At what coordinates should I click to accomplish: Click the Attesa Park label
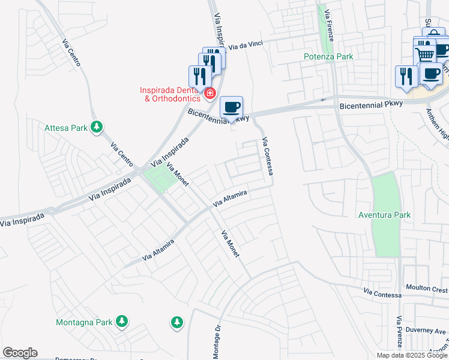click(x=66, y=128)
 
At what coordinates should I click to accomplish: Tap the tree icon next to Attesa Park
click(x=97, y=127)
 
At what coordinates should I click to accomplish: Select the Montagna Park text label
click(x=84, y=322)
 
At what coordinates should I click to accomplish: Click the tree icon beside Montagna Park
click(x=122, y=322)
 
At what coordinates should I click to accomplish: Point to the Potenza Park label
click(x=328, y=56)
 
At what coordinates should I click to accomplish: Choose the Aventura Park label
click(x=384, y=215)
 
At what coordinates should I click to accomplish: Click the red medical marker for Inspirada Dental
click(x=210, y=93)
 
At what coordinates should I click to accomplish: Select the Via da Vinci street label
click(x=247, y=46)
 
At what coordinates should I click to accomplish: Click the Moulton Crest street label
click(x=426, y=289)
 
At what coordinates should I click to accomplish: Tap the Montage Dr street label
click(x=218, y=343)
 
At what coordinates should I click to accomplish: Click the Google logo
click(x=20, y=353)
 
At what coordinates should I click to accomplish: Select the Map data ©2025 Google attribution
click(x=412, y=355)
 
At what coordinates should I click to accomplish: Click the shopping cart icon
click(x=426, y=55)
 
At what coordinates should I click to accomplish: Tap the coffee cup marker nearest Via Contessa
click(x=232, y=107)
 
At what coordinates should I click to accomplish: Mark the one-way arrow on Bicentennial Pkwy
click(x=324, y=100)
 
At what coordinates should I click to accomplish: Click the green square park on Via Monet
click(x=157, y=178)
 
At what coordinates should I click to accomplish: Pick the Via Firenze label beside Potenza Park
click(x=330, y=25)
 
